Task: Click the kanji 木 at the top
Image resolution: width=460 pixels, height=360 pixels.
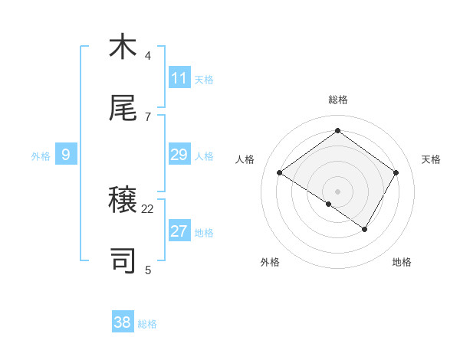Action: tap(123, 47)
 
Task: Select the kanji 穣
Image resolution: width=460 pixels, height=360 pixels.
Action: tap(123, 201)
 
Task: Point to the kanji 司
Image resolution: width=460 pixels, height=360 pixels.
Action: tap(123, 261)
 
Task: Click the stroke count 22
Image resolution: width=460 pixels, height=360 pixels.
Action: tap(148, 208)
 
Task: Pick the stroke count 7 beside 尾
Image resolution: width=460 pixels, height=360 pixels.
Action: tap(148, 116)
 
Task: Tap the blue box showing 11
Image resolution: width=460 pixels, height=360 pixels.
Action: tap(179, 78)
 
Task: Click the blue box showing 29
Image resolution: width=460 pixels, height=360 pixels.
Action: tap(179, 155)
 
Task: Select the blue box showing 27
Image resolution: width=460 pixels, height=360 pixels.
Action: tap(179, 232)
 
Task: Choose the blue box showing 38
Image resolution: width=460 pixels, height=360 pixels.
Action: tap(123, 322)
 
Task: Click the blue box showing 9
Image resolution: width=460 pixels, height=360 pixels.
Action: tap(66, 155)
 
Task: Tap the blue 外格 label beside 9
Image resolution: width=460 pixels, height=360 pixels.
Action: tap(41, 156)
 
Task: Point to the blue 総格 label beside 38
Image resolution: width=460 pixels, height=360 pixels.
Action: tap(147, 324)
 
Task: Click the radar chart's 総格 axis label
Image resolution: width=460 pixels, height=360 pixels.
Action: tap(338, 100)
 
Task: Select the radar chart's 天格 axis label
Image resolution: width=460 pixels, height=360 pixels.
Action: tap(431, 159)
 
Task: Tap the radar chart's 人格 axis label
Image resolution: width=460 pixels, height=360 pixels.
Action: tap(245, 159)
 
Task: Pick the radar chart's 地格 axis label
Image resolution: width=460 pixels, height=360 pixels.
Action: tap(402, 262)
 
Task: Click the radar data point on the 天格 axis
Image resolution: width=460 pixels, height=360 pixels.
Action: tap(396, 173)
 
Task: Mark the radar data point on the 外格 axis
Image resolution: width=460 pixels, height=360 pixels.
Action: tap(329, 204)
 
